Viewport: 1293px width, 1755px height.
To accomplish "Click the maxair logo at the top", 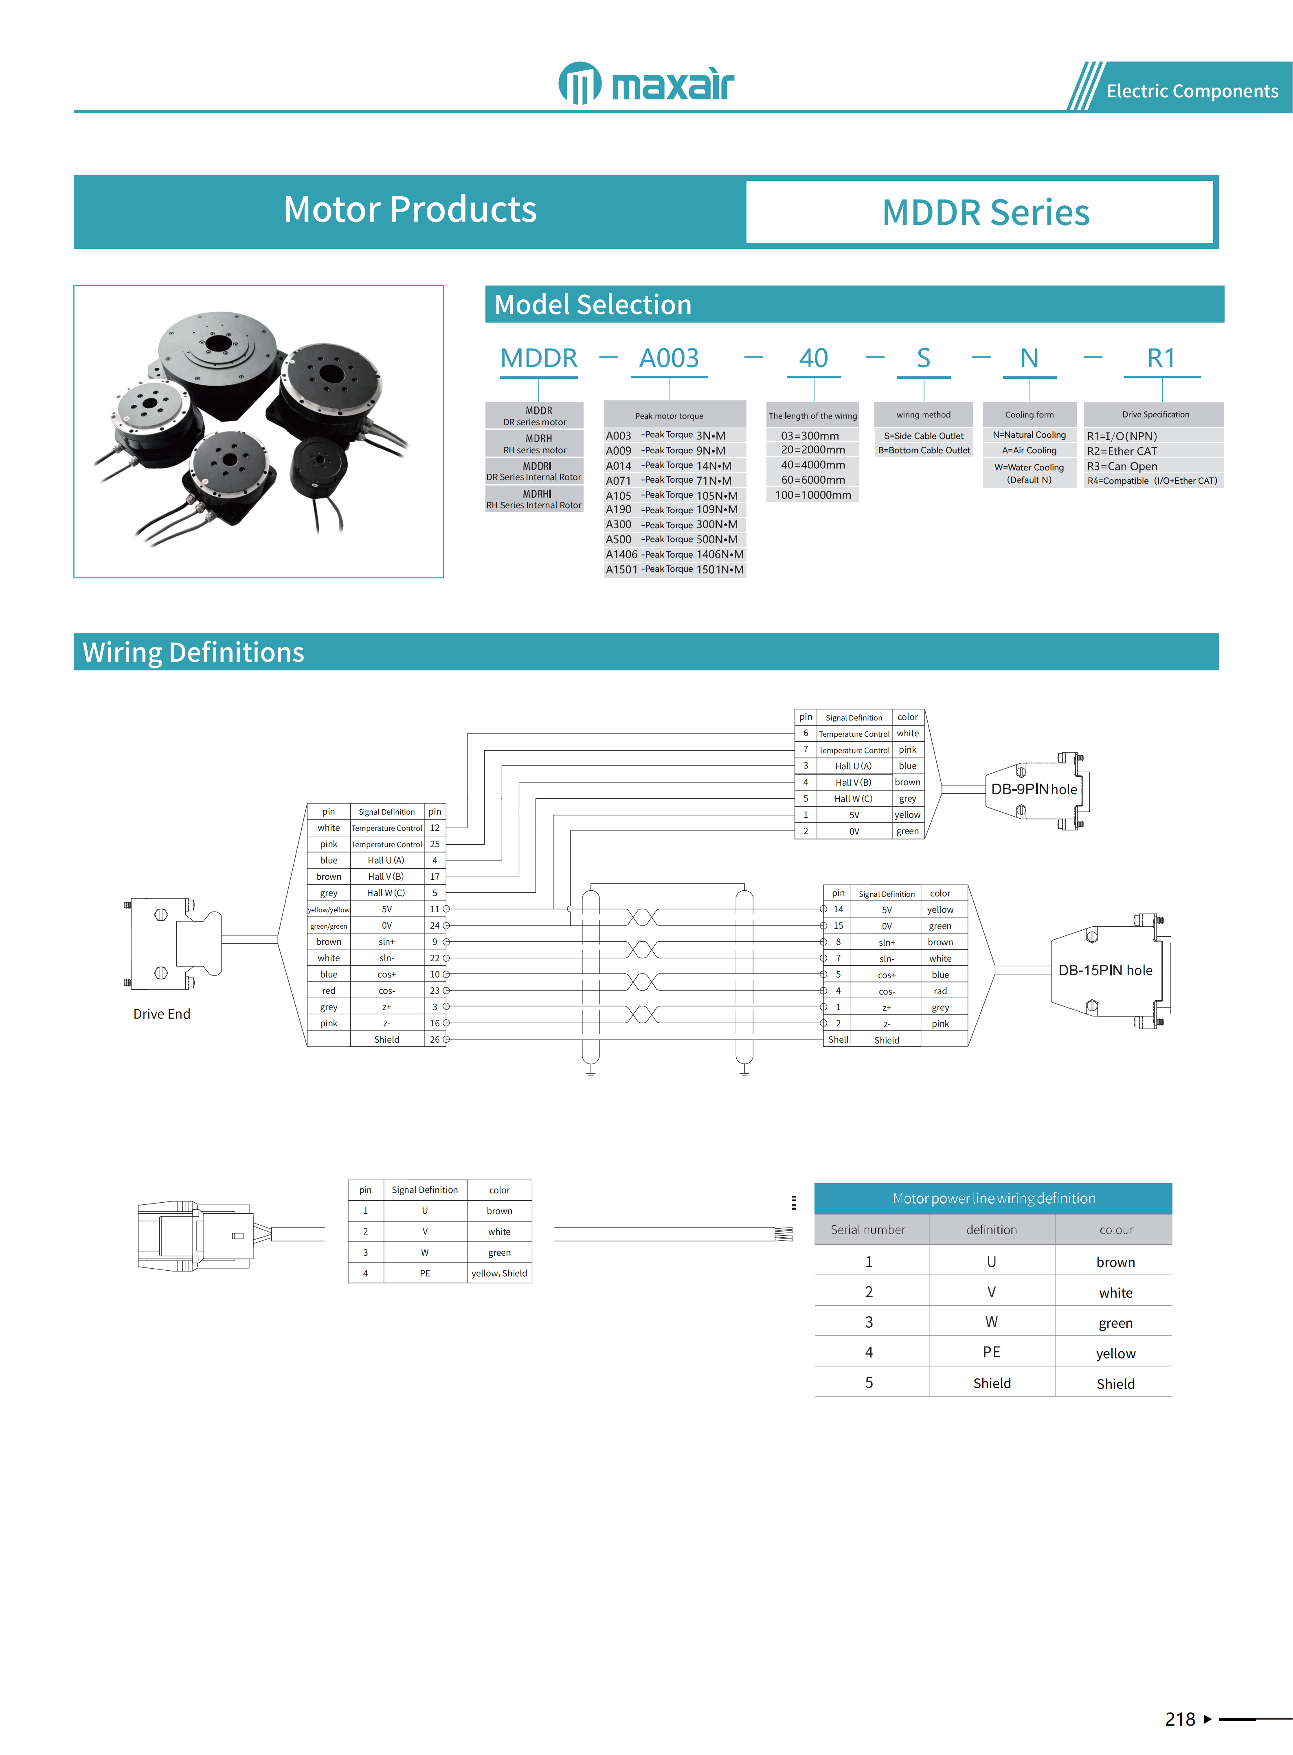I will coord(646,83).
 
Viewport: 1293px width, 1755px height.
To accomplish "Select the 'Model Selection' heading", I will coord(593,305).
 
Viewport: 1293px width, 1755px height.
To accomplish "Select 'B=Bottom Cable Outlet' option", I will coord(924,450).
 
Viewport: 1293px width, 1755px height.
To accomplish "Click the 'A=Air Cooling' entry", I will coord(1029,450).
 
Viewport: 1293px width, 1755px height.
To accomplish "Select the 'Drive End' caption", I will coord(161,1014).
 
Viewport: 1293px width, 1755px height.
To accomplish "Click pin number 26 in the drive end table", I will coord(435,1039).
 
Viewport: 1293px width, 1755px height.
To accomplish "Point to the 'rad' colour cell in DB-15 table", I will coord(940,991).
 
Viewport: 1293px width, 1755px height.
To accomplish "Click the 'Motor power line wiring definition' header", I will coord(993,1198).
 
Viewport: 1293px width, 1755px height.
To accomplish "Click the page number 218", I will coord(1179,1719).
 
